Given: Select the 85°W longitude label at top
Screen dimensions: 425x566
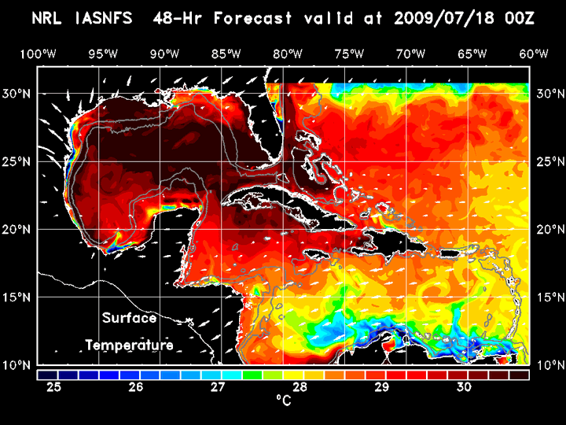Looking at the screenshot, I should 226,54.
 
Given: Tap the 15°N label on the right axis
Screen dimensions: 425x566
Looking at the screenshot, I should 548,297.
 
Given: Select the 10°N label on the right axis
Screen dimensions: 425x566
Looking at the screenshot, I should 548,365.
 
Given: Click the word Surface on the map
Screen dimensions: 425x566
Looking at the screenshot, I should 130,319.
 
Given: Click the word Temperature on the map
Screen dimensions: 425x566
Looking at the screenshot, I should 130,345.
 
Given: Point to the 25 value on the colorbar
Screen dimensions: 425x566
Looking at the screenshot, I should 54,387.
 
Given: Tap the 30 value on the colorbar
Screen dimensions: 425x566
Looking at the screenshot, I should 464,387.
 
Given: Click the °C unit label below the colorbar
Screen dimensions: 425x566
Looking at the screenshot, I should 283,401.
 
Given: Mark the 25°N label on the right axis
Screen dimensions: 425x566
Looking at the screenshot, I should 548,162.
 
